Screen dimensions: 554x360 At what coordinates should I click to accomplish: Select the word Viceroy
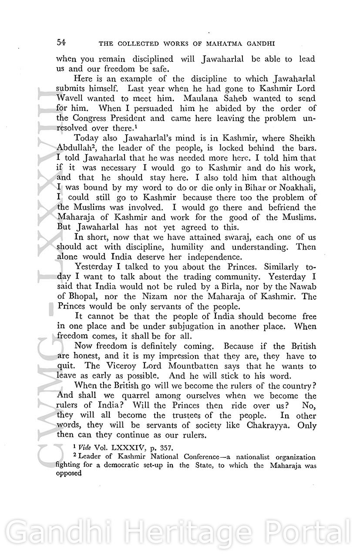(98, 366)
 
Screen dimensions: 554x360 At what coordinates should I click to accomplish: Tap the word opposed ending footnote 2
(69, 473)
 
